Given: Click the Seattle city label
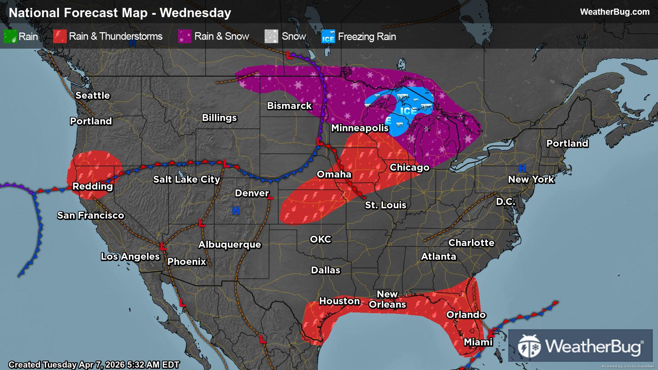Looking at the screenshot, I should click(x=93, y=96).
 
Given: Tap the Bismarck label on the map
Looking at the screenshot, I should click(x=289, y=106).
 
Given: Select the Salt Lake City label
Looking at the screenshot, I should click(x=186, y=180).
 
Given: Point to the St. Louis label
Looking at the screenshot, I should click(x=386, y=205).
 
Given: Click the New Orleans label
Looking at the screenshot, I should click(x=387, y=299).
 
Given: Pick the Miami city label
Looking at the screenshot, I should click(x=478, y=342).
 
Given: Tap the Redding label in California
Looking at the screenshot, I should click(x=93, y=186).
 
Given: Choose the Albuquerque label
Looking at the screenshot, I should click(x=230, y=245).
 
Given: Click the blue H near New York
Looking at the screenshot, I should click(x=522, y=168).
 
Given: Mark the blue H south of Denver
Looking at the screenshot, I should click(x=236, y=211).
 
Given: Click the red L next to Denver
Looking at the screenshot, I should click(x=270, y=197).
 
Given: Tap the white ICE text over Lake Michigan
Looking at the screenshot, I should click(x=408, y=111).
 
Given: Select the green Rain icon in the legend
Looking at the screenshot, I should click(x=10, y=36).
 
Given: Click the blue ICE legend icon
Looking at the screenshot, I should click(x=328, y=37).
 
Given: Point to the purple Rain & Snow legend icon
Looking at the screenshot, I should click(x=184, y=36).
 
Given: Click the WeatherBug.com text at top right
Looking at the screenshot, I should click(x=614, y=12).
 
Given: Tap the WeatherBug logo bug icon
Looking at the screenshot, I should click(x=529, y=346).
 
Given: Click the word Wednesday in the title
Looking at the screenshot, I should click(x=195, y=13).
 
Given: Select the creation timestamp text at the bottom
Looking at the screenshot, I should click(x=94, y=365).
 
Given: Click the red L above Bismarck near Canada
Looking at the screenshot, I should click(x=289, y=55).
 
